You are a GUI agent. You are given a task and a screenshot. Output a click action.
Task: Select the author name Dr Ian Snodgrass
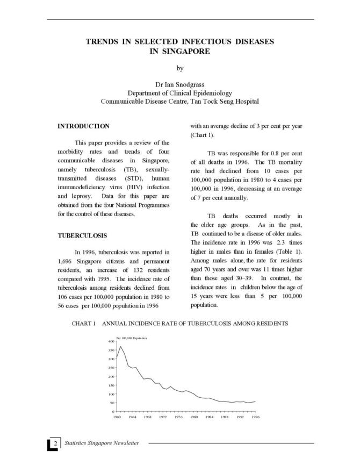180,84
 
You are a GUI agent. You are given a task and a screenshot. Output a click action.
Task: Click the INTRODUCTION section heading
83,126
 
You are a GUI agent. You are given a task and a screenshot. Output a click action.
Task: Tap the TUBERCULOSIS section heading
83,235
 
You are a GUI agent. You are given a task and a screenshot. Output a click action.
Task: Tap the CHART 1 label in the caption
83,324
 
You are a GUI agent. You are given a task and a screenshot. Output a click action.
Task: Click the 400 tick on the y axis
111,341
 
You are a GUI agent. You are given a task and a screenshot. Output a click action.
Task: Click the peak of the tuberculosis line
120,347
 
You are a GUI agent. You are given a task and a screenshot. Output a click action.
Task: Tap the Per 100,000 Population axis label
132,338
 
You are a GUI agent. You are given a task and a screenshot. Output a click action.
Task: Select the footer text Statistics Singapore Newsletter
102,443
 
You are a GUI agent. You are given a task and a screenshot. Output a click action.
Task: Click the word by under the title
180,68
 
